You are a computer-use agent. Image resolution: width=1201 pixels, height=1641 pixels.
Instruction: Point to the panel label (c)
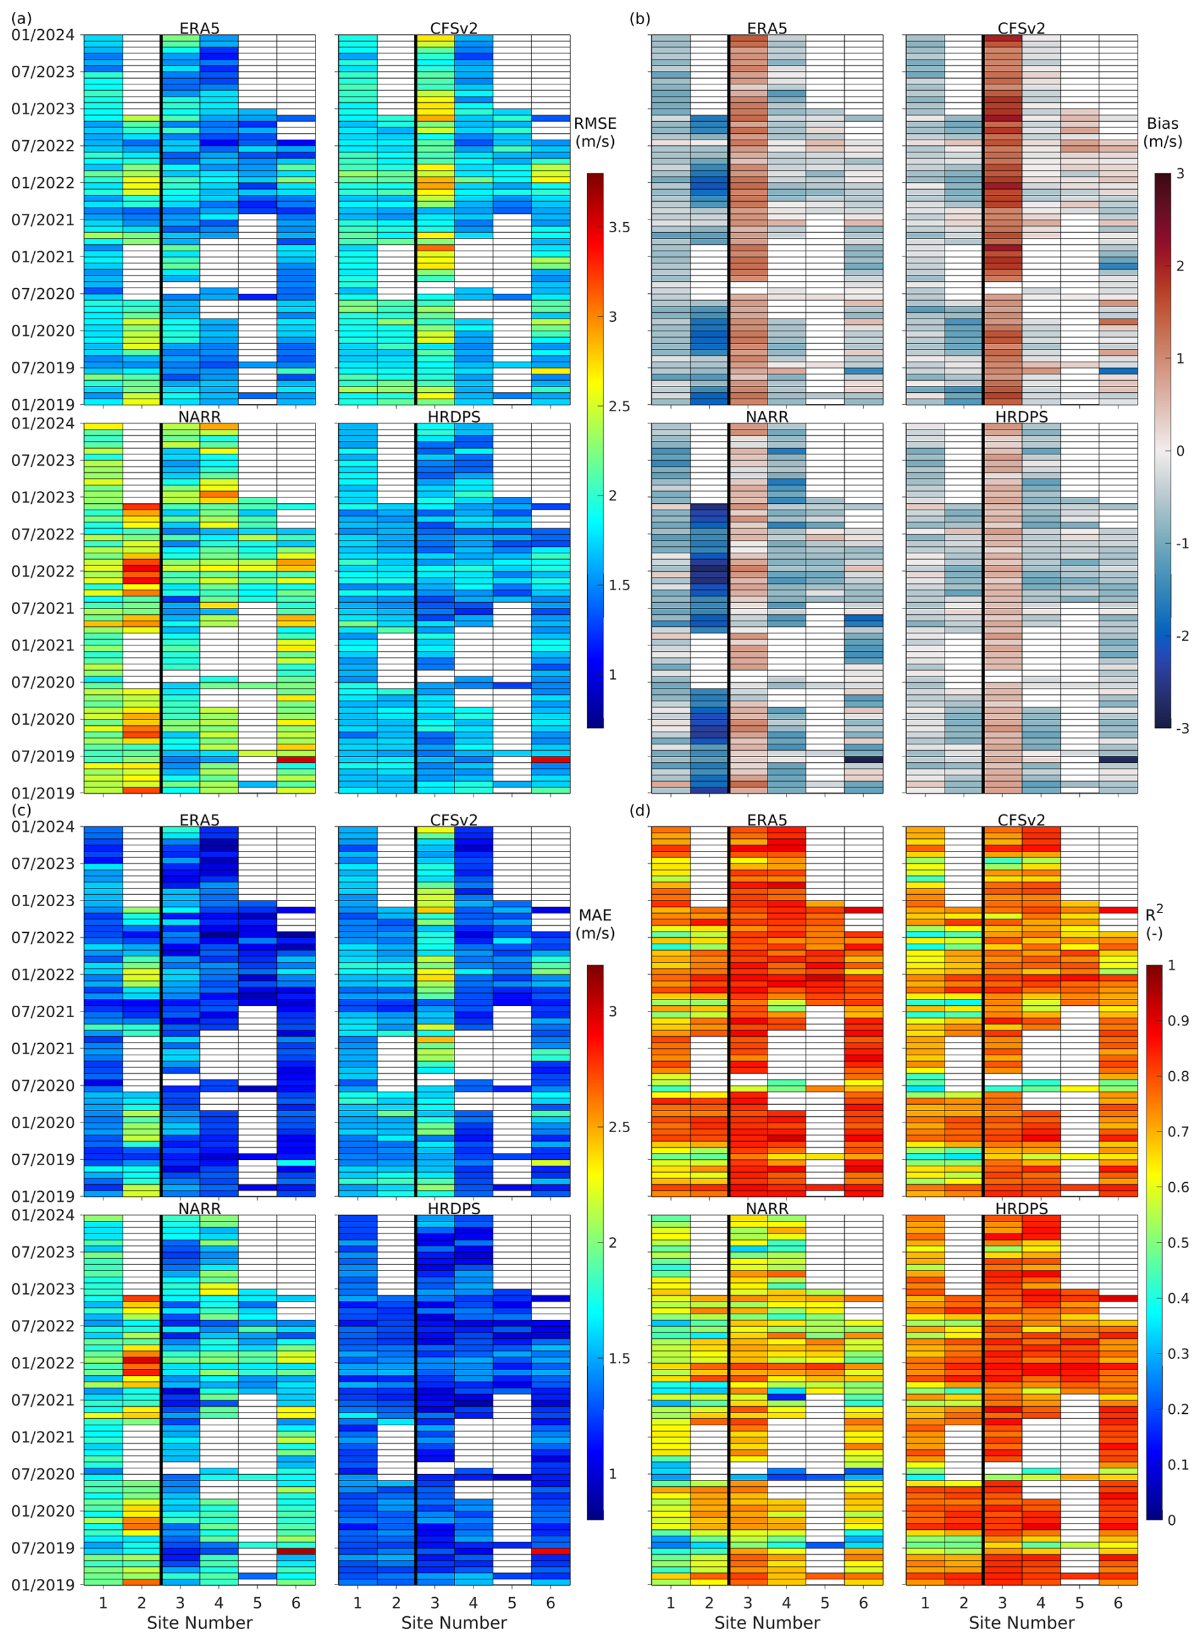pos(20,810)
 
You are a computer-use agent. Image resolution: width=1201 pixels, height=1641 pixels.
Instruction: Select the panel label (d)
pos(640,810)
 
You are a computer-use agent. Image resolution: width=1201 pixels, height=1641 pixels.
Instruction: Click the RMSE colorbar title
pos(595,132)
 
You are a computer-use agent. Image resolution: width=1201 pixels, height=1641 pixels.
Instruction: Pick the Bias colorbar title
pos(1162,132)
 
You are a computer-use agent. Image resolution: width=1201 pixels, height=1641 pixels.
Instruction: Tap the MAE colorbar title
pos(595,924)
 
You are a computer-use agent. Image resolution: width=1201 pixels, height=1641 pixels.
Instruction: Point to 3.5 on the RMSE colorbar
pos(620,227)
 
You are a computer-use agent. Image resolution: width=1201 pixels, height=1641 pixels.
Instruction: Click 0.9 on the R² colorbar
pos(1178,1020)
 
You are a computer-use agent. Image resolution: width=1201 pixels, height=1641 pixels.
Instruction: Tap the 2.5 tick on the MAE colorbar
pos(620,1126)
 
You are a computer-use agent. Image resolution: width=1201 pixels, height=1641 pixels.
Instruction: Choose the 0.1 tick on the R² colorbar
pos(1178,1465)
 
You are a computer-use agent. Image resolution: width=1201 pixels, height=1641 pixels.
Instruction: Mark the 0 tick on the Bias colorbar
pos(1180,451)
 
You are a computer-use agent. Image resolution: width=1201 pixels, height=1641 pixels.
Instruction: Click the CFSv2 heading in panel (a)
pos(454,29)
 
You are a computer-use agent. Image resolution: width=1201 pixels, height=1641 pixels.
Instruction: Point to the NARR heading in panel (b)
pos(767,416)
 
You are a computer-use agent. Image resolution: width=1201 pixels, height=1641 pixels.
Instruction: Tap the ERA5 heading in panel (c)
pos(199,820)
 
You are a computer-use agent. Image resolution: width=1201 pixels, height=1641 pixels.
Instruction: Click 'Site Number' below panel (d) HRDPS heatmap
pos(1021,1623)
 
